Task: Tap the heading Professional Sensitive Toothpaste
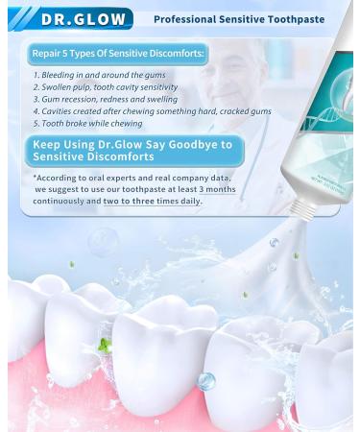pos(239,19)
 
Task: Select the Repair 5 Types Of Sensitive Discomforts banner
pos(116,54)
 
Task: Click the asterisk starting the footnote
pos(35,178)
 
